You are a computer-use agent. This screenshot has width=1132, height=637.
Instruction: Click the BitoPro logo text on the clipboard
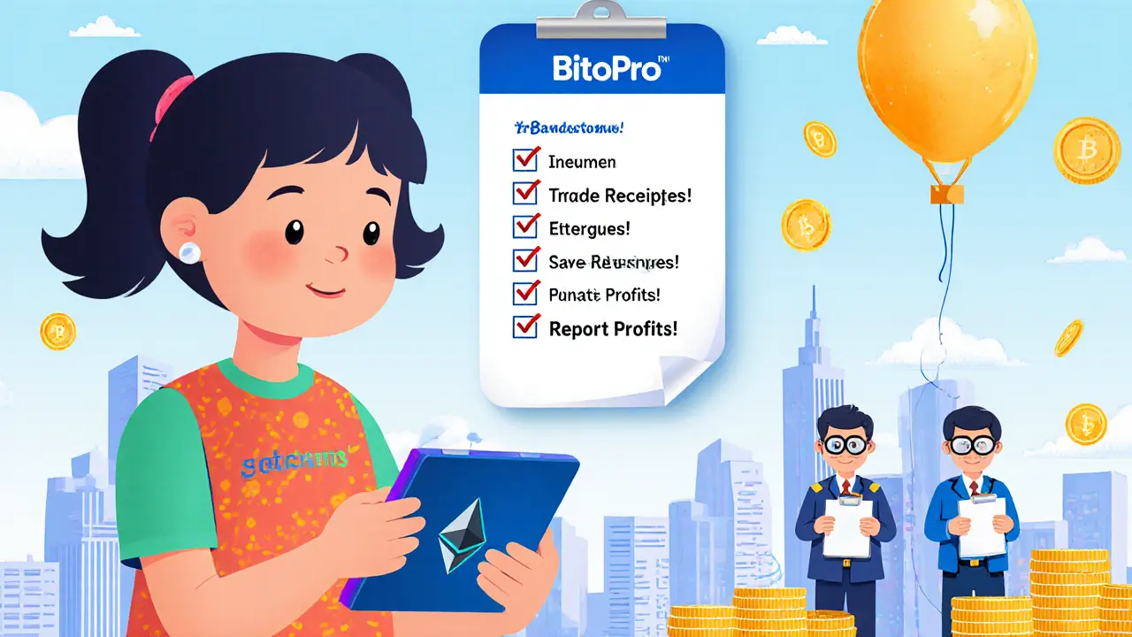coord(606,68)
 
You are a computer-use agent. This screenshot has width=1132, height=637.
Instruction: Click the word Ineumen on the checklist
coord(582,162)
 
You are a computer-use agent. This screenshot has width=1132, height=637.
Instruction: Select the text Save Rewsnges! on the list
coord(614,261)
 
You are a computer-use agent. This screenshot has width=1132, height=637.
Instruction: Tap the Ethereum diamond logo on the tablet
coord(461,532)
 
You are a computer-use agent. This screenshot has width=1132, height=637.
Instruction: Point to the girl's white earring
coord(188,252)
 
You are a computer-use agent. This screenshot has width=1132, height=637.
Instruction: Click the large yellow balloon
coord(947,81)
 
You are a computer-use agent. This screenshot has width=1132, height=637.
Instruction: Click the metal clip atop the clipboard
coord(602,17)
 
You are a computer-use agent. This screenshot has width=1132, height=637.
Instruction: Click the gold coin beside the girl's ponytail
coord(57,331)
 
